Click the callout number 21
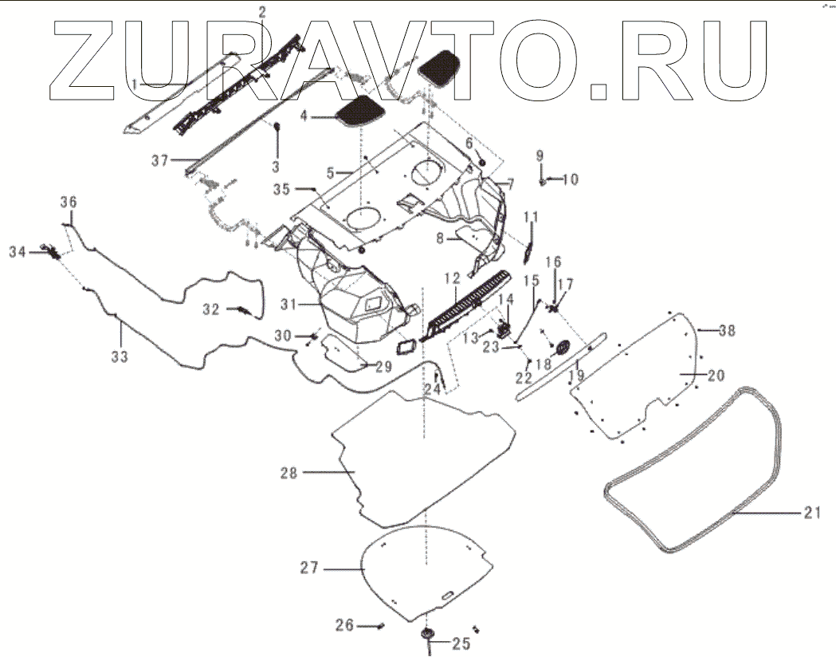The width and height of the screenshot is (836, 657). click(810, 513)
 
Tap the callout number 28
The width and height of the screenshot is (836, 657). click(288, 473)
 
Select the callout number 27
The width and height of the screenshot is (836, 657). click(309, 568)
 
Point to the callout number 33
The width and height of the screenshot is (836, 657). click(119, 357)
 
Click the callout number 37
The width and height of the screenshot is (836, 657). click(160, 160)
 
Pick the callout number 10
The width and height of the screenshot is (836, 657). click(570, 179)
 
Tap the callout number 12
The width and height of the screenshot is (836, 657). click(452, 278)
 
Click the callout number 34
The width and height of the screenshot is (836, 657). click(18, 252)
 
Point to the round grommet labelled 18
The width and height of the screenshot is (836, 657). click(560, 348)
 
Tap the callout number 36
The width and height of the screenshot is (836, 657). click(69, 202)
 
